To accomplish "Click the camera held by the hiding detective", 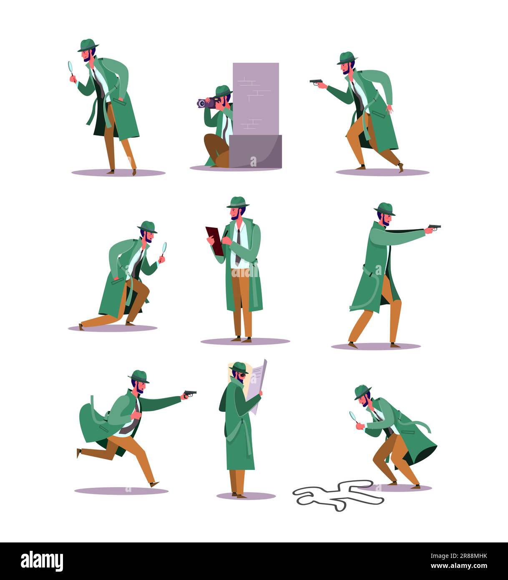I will (206, 103).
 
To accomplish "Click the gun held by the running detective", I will (190, 393).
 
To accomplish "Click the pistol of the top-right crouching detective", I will (317, 82).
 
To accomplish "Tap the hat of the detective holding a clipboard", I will (238, 202).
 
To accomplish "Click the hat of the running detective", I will (139, 376).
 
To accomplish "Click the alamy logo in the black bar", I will (42, 561).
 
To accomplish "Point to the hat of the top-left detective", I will (88, 45).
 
